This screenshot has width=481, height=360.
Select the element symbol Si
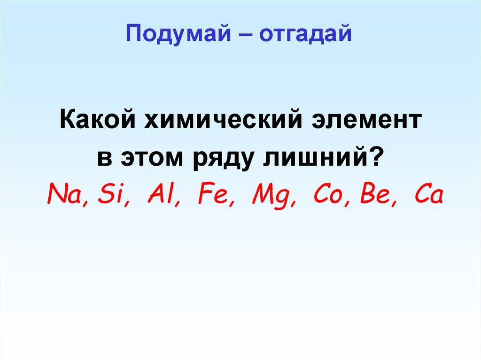pyautogui.click(x=108, y=194)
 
